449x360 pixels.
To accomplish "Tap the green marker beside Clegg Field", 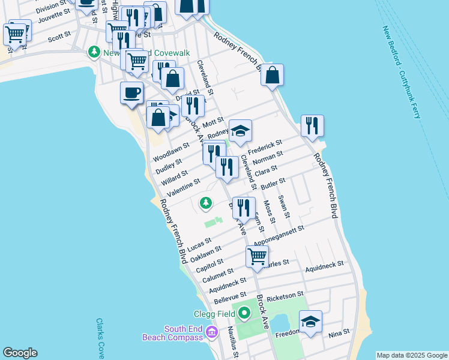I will pyautogui.click(x=244, y=313).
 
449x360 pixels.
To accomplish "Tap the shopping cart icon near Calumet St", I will pyautogui.click(x=257, y=256).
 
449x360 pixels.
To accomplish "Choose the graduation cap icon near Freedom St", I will pyautogui.click(x=310, y=322).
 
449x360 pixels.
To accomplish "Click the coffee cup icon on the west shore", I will pyautogui.click(x=132, y=93).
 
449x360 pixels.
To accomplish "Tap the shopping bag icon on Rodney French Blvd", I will pyautogui.click(x=272, y=76).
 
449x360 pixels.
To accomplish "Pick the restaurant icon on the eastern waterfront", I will pyautogui.click(x=312, y=126).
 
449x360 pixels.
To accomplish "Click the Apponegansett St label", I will pyautogui.click(x=279, y=236).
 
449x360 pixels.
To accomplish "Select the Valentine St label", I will pyautogui.click(x=184, y=188).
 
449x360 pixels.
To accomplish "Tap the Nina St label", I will pyautogui.click(x=339, y=332).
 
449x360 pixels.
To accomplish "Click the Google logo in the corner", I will pyautogui.click(x=20, y=353).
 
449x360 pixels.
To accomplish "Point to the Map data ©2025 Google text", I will pyautogui.click(x=412, y=355).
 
